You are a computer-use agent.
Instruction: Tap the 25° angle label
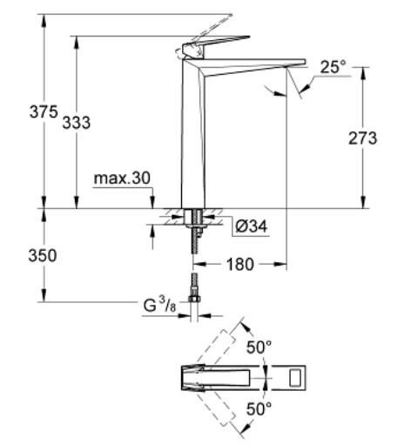[x=334, y=66]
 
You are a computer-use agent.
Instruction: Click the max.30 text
[x=123, y=179]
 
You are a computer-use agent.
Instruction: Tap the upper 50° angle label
[x=260, y=347]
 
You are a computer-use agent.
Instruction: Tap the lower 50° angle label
[x=260, y=408]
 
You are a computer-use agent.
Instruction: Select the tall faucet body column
[x=192, y=139]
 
